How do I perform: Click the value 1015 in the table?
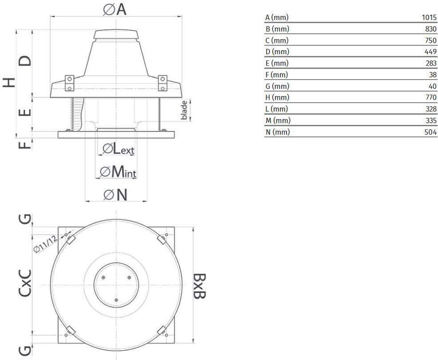click(x=429, y=18)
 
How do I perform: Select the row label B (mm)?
click(x=277, y=29)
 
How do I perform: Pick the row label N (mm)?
click(x=277, y=132)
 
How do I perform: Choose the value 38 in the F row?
click(x=433, y=75)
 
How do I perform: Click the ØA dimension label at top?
click(x=115, y=9)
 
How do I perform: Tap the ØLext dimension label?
click(x=118, y=149)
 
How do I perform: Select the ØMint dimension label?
click(x=118, y=172)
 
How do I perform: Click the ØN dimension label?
click(x=115, y=195)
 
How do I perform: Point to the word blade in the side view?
click(x=184, y=110)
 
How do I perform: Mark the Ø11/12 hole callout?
click(x=45, y=244)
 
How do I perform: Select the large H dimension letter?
click(x=9, y=83)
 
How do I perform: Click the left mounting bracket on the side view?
click(x=69, y=83)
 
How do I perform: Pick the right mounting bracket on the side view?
click(x=163, y=83)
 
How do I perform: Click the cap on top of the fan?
click(x=116, y=34)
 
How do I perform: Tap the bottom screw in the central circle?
click(x=116, y=300)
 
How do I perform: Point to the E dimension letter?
click(x=24, y=112)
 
